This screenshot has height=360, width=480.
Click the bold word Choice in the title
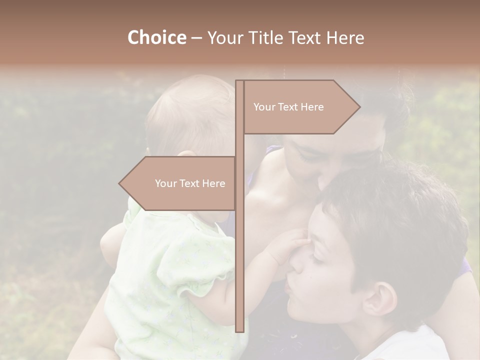tap(156, 38)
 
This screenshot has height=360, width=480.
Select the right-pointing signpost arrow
tap(300, 107)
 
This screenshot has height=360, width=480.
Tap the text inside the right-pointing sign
tap(288, 107)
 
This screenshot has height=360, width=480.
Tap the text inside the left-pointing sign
tap(190, 183)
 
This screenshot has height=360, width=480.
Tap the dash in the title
tap(196, 38)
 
